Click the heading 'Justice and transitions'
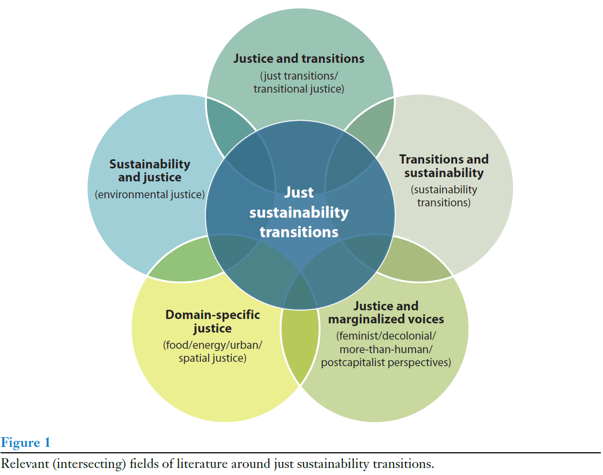tap(299, 58)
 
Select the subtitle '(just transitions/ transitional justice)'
tap(299, 82)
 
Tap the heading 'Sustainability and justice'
tap(150, 170)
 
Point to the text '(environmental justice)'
tap(150, 194)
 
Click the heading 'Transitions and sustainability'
tap(444, 166)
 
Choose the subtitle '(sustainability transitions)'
tap(444, 196)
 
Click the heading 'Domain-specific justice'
tap(212, 321)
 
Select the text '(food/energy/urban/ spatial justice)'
tap(212, 351)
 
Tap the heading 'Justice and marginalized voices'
tap(386, 313)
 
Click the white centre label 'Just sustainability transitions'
tap(299, 212)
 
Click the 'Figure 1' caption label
tap(25, 443)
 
